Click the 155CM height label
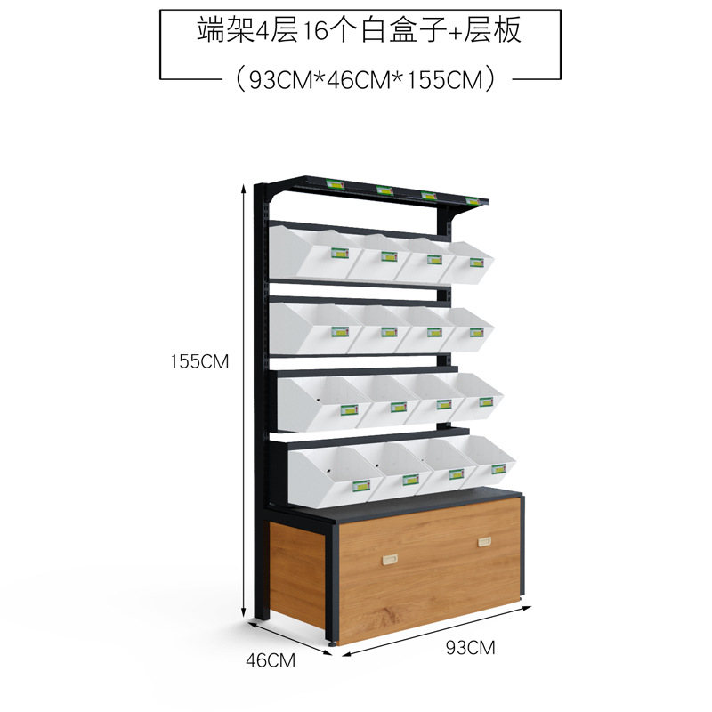[201, 361]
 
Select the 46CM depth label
[270, 660]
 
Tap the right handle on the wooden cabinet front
[485, 541]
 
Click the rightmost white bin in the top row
[472, 260]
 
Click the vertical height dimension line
[245, 400]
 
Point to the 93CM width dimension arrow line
[436, 631]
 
